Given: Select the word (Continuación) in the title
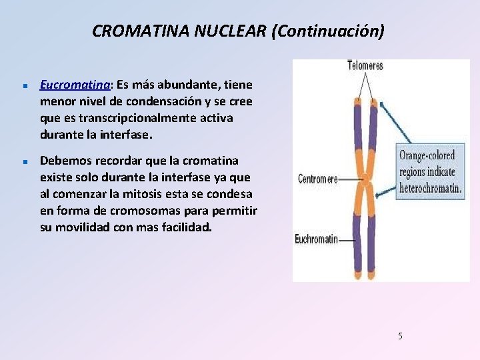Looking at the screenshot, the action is [327, 31].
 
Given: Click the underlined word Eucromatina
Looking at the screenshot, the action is [75, 85].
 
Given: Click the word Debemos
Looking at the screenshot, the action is [66, 161].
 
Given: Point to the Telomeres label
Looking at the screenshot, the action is [365, 66].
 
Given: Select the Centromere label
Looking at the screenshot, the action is [317, 179].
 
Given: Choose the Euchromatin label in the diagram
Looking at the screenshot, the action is [317, 239].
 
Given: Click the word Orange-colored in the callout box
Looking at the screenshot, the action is [427, 156].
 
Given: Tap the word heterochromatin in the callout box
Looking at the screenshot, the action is [430, 188].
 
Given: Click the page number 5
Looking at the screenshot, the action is [400, 336].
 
